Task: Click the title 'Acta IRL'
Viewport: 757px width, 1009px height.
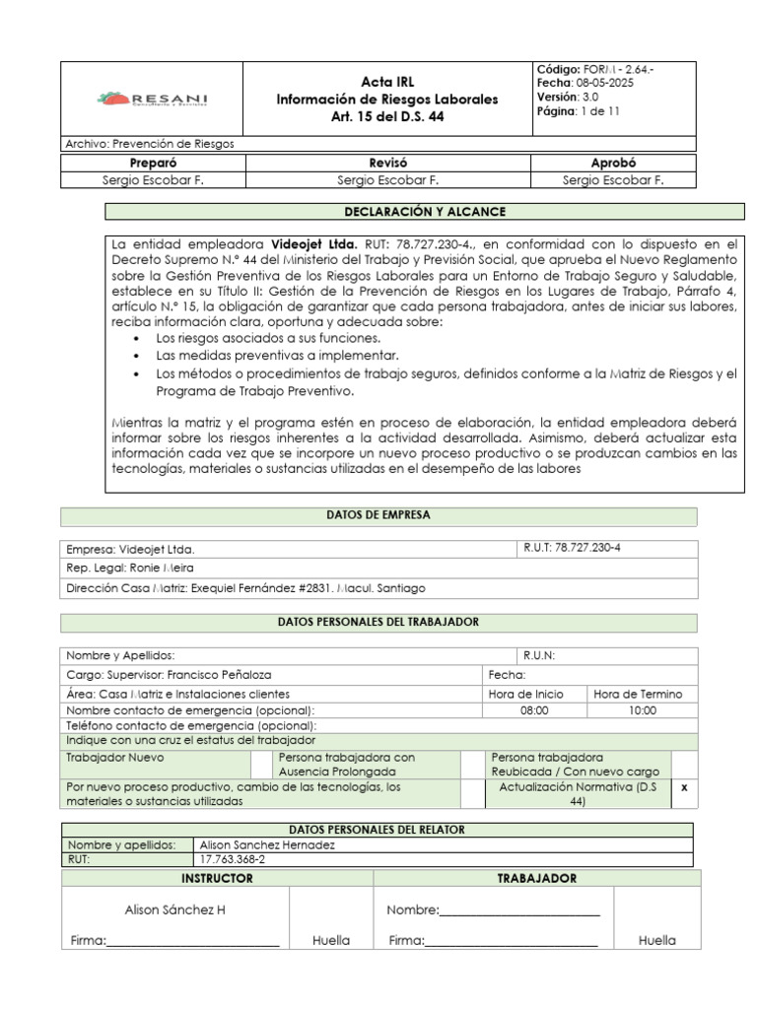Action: click(x=386, y=82)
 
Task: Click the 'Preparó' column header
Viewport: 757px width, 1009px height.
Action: click(x=153, y=163)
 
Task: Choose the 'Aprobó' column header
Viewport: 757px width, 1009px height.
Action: click(x=612, y=163)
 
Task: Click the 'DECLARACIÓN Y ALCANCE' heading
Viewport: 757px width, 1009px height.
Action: click(x=425, y=211)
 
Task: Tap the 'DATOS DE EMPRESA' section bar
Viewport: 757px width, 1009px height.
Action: click(x=378, y=515)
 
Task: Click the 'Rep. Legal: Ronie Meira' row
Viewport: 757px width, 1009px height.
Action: click(x=130, y=568)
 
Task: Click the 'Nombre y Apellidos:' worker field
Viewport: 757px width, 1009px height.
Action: click(x=120, y=655)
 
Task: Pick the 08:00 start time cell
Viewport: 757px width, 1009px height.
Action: click(x=535, y=709)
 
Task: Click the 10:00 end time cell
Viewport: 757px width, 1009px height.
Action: click(x=642, y=709)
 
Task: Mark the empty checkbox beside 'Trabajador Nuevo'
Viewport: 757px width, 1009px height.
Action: click(x=261, y=765)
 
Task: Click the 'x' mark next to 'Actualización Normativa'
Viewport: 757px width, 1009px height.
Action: click(x=684, y=787)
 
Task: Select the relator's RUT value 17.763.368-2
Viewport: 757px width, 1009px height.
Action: click(x=233, y=858)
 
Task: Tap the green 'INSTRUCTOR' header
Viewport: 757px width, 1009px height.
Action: click(x=217, y=878)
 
